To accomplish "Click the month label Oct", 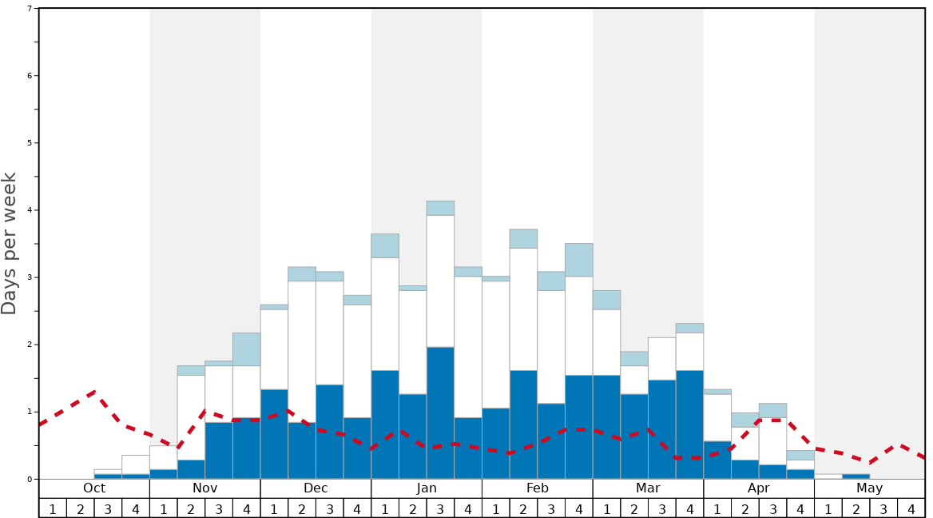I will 94,488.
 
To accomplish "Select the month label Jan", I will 427,488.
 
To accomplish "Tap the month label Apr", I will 759,488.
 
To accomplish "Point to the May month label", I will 870,488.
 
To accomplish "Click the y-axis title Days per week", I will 10,244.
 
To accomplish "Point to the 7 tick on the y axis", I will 30,9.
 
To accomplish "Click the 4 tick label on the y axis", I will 30,210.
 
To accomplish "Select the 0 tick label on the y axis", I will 30,479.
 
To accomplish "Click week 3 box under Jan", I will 440,508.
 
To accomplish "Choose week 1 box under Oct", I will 53,508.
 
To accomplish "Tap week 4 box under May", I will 911,508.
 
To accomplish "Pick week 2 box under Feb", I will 523,508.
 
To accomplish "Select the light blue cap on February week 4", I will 579,260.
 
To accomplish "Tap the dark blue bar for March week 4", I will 689,424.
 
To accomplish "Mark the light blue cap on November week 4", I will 247,349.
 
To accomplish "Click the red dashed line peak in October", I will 95,392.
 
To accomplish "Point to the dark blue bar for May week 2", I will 856,476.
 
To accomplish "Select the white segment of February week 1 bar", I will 495,345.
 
